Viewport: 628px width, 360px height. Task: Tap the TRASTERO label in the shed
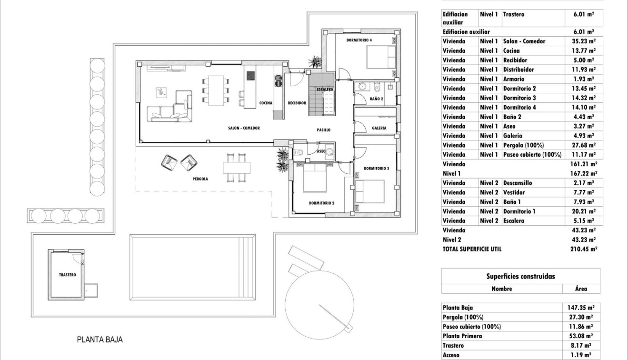tap(67, 275)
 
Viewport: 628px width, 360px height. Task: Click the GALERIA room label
tap(379, 128)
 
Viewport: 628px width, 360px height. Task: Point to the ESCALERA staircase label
tap(324, 89)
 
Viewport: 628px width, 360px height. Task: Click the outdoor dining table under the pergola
tap(237, 167)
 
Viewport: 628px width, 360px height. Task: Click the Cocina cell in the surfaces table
tap(511, 50)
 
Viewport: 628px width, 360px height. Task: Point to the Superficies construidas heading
tap(520, 276)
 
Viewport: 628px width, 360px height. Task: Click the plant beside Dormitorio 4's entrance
tap(314, 62)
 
